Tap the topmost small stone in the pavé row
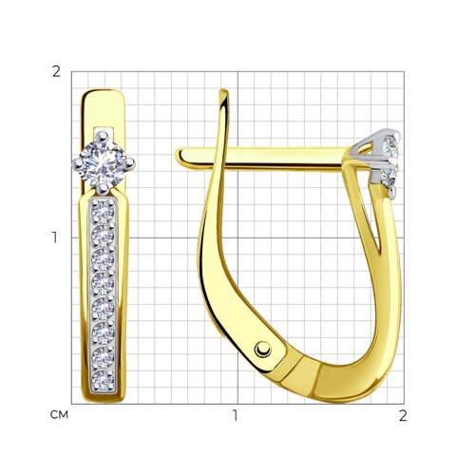click(x=103, y=212)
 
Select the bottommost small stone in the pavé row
click(x=103, y=380)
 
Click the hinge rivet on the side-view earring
click(x=263, y=350)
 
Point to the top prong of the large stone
click(x=103, y=136)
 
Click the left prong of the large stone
click(x=77, y=163)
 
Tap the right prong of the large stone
click(x=129, y=163)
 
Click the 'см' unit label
click(x=59, y=414)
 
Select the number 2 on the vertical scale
click(x=56, y=72)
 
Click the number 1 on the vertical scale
click(x=55, y=237)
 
